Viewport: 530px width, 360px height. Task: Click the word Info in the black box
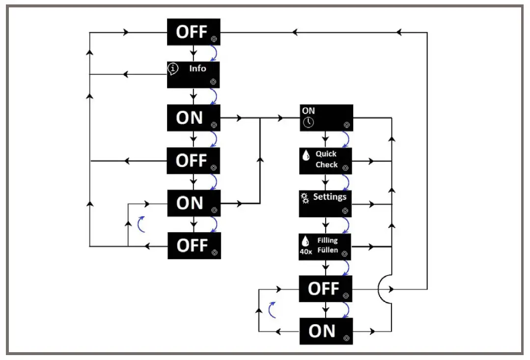(x=197, y=69)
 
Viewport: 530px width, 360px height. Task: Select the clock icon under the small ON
(x=308, y=122)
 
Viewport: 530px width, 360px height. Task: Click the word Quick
(x=326, y=154)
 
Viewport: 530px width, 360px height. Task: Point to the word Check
(x=327, y=165)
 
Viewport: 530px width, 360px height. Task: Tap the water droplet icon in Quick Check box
(x=306, y=156)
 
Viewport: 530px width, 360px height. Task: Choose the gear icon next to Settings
(x=305, y=198)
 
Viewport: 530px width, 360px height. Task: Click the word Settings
(x=330, y=197)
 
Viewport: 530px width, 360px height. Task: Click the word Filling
(x=327, y=241)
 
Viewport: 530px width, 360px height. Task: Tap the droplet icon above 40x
(x=306, y=241)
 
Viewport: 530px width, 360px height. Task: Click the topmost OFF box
(x=193, y=32)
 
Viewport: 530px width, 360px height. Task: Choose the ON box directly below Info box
(x=193, y=118)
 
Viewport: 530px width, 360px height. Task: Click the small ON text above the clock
(x=308, y=111)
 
